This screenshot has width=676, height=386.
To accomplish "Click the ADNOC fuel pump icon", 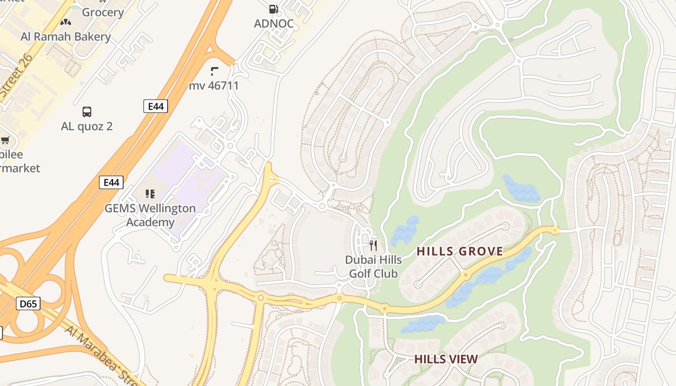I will pyautogui.click(x=273, y=9).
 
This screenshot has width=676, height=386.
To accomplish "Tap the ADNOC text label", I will pyautogui.click(x=273, y=23).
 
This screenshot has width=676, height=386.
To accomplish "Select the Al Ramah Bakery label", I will pyautogui.click(x=66, y=37).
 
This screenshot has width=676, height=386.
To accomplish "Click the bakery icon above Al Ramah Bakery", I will pyautogui.click(x=66, y=22).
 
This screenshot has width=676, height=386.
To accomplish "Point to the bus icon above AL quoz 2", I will pyautogui.click(x=87, y=112).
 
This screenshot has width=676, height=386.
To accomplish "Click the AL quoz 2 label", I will pyautogui.click(x=87, y=126).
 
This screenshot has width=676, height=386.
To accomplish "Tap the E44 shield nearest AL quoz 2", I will pyautogui.click(x=155, y=106).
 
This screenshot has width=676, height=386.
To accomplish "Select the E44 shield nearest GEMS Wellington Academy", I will pyautogui.click(x=112, y=182).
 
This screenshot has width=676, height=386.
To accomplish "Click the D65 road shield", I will pyautogui.click(x=28, y=303).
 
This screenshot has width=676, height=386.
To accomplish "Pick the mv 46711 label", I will pyautogui.click(x=214, y=86).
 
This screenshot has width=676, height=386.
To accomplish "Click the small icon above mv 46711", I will pyautogui.click(x=214, y=72).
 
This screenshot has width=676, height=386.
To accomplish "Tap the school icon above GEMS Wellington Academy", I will pyautogui.click(x=150, y=194).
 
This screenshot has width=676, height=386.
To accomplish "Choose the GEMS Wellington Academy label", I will pyautogui.click(x=150, y=215).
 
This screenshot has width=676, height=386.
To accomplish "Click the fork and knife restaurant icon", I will pyautogui.click(x=373, y=246).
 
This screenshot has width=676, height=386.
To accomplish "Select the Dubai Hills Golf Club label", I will pyautogui.click(x=373, y=267).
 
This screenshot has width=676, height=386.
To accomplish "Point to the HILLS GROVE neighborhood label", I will pyautogui.click(x=460, y=251).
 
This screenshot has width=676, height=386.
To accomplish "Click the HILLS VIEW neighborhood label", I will pyautogui.click(x=446, y=359).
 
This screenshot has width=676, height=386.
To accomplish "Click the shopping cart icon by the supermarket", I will pyautogui.click(x=5, y=140).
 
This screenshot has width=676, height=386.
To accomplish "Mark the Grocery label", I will pyautogui.click(x=103, y=12).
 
